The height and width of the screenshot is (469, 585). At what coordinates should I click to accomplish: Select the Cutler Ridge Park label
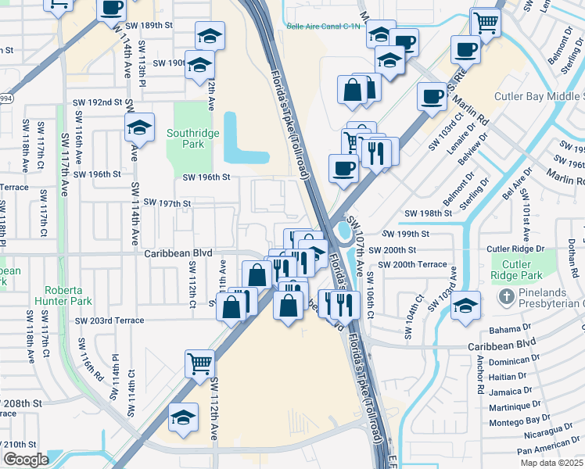click(516, 270)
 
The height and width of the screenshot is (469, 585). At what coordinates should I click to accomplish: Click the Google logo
click(25, 460)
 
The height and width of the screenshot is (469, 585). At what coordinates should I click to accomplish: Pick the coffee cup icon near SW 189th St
click(112, 8)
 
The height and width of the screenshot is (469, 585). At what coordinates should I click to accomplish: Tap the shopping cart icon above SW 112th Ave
click(199, 362)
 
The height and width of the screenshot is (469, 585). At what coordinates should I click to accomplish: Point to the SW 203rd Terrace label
click(109, 320)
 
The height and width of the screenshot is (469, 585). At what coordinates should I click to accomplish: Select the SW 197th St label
click(164, 204)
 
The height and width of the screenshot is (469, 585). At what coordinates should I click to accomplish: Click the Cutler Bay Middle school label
click(539, 97)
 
